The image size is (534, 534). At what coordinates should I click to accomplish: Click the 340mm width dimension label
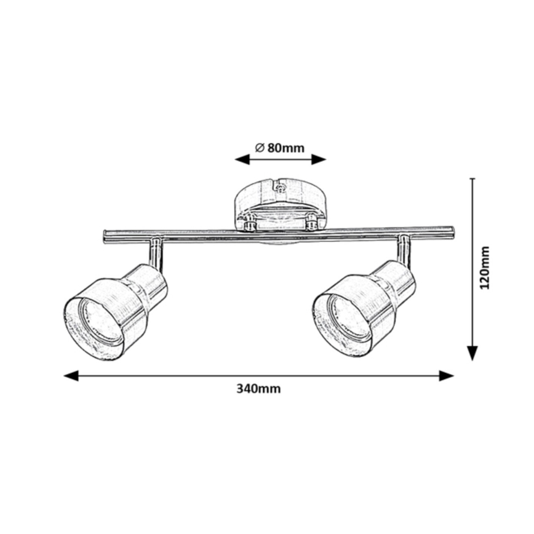click(x=258, y=389)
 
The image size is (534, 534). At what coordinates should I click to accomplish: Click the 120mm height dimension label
click(x=485, y=269)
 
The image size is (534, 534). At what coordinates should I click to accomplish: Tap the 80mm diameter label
click(x=285, y=148)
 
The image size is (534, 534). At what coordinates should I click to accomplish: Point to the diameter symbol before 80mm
click(x=259, y=148)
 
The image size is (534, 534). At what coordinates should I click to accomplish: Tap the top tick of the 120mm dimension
click(x=472, y=179)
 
